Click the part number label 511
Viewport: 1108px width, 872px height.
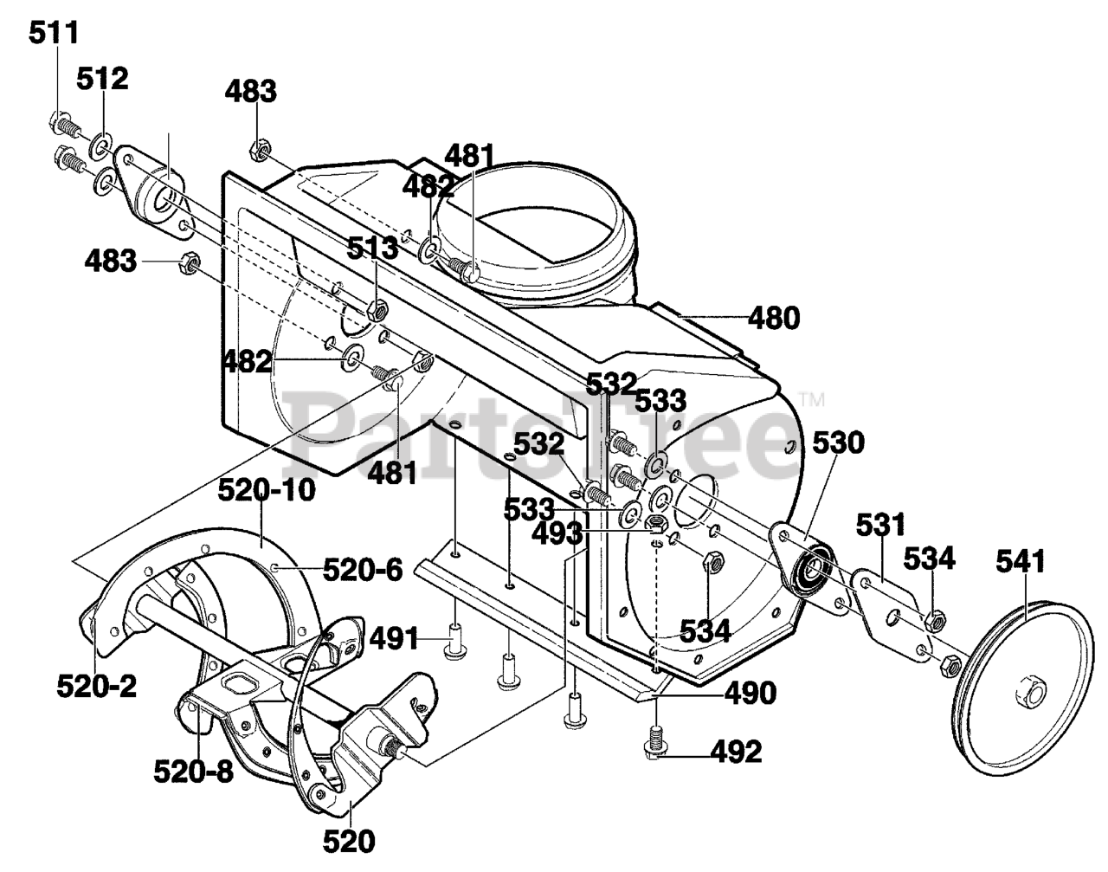coord(54,33)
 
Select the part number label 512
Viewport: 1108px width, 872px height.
coord(102,80)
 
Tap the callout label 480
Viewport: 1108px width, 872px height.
coord(774,319)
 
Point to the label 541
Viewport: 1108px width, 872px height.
coord(1021,561)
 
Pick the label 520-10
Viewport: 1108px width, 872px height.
coord(267,490)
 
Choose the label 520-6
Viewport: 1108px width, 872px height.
coord(363,570)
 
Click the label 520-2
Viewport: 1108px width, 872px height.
coord(97,686)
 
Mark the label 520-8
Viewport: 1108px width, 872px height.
coord(194,771)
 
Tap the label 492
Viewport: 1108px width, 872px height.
coord(737,753)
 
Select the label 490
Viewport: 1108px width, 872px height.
coord(750,694)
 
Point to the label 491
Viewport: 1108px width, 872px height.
coord(395,640)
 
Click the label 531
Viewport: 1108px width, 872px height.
coord(880,526)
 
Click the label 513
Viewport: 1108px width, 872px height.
coord(372,249)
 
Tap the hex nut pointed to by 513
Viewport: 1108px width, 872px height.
coord(378,310)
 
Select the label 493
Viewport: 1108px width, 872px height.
coord(557,534)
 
